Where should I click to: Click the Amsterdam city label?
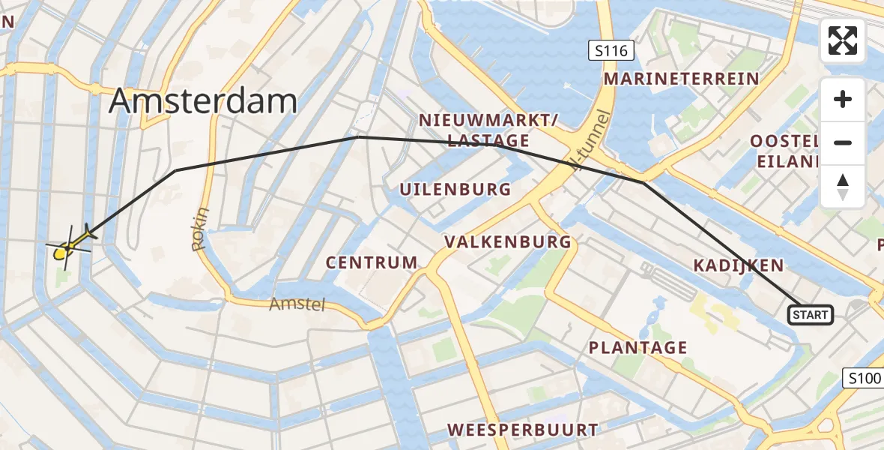click(x=203, y=100)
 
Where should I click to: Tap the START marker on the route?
click(x=811, y=315)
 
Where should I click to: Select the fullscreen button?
click(x=843, y=40)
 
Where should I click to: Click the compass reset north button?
click(x=843, y=187)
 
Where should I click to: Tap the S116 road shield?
click(x=611, y=51)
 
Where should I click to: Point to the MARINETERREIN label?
click(x=681, y=79)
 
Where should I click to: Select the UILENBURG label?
click(x=455, y=190)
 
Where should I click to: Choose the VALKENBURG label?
click(x=508, y=242)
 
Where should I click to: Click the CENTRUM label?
click(x=372, y=262)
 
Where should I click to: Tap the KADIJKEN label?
click(x=739, y=265)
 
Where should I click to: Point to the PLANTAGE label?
click(x=638, y=348)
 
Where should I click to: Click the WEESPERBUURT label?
click(x=523, y=430)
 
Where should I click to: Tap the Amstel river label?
click(x=298, y=304)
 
